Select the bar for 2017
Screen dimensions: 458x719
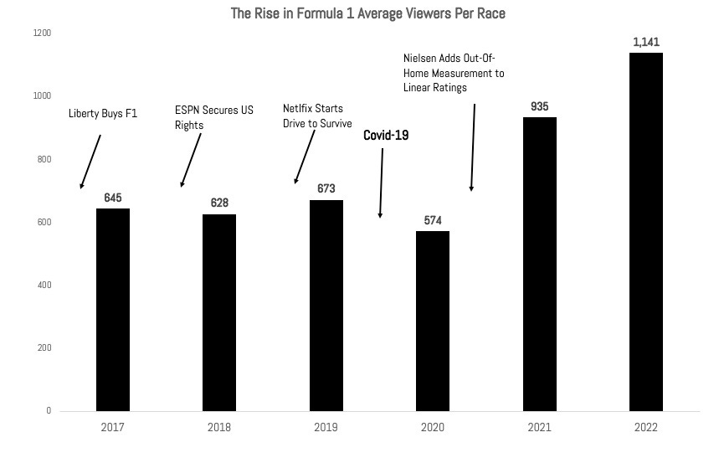113,310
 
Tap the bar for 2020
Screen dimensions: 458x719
433,322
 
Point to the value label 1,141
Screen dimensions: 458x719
645,41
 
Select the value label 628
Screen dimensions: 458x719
219,203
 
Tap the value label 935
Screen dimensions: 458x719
539,106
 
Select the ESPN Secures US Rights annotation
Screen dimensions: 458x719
213,117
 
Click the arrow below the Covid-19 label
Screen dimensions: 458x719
382,183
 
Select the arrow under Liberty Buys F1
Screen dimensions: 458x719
90,161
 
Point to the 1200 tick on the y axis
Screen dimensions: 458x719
42,33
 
